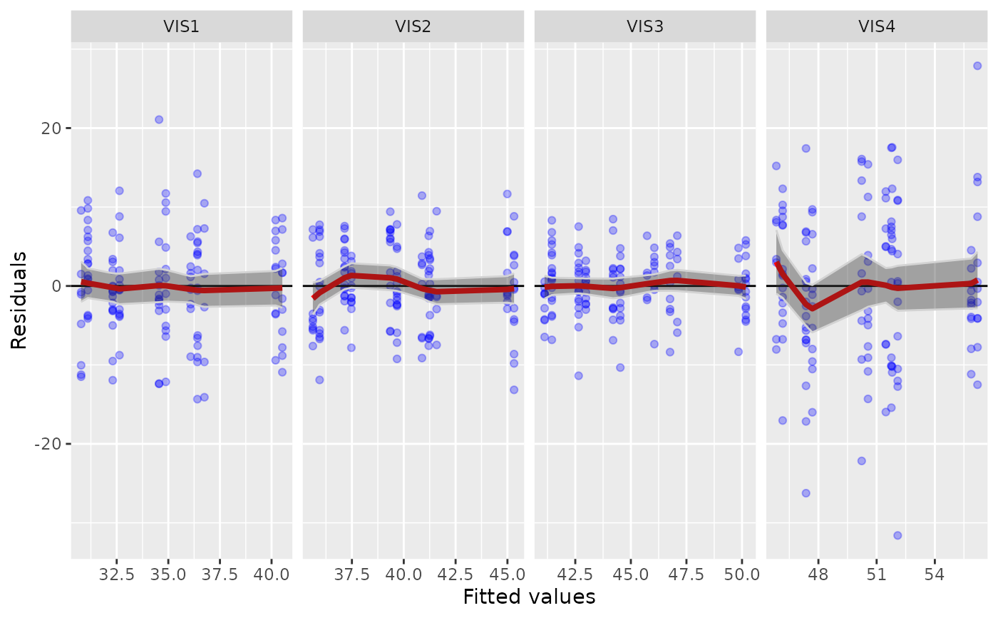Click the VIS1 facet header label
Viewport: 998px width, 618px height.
[x=181, y=26]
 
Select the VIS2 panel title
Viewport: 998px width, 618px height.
[x=413, y=26]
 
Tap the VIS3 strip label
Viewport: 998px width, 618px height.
[x=645, y=26]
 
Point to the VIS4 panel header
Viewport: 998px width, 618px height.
[x=877, y=26]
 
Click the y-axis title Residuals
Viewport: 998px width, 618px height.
[x=19, y=300]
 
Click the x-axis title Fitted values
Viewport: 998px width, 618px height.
[x=529, y=597]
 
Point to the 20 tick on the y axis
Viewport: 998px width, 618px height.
[x=54, y=128]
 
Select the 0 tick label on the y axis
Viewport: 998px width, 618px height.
[x=58, y=286]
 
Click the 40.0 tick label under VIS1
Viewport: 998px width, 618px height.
[x=271, y=574]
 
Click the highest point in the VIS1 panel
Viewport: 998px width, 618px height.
[x=159, y=120]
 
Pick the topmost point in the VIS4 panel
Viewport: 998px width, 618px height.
[x=977, y=66]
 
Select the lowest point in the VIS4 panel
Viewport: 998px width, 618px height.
[x=897, y=535]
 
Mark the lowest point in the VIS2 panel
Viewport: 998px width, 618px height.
[x=513, y=390]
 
